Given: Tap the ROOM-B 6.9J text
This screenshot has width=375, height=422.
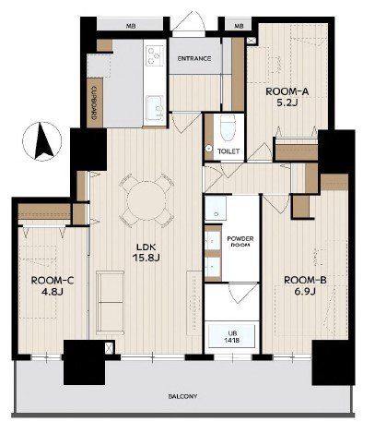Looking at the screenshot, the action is point(305,285).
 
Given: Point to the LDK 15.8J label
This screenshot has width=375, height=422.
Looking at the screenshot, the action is point(146,252).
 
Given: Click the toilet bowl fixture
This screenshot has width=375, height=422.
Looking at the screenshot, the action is point(229,128).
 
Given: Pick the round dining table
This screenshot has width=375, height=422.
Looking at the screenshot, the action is point(146,200).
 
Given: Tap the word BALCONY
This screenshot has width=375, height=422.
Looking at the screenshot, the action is point(182,396).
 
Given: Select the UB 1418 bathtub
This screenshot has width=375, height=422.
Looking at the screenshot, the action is point(231,336).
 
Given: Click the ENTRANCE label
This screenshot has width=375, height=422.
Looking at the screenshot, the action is point(194,58).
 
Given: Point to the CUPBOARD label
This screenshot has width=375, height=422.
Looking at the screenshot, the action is point(95,102).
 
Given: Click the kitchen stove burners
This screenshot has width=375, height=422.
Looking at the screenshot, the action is point(155,54).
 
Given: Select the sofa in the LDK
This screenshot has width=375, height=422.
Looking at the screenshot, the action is point(111,303).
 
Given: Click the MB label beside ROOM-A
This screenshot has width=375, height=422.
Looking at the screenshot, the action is point(239,26).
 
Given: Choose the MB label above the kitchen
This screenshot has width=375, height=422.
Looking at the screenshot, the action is point(131,26).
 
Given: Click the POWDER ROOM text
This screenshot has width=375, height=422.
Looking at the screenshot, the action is point(240,242).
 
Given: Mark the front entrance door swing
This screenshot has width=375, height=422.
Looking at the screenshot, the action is point(188,21).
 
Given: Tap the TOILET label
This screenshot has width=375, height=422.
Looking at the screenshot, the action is point(229,151).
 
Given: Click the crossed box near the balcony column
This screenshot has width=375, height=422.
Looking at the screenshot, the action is point(109,348).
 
